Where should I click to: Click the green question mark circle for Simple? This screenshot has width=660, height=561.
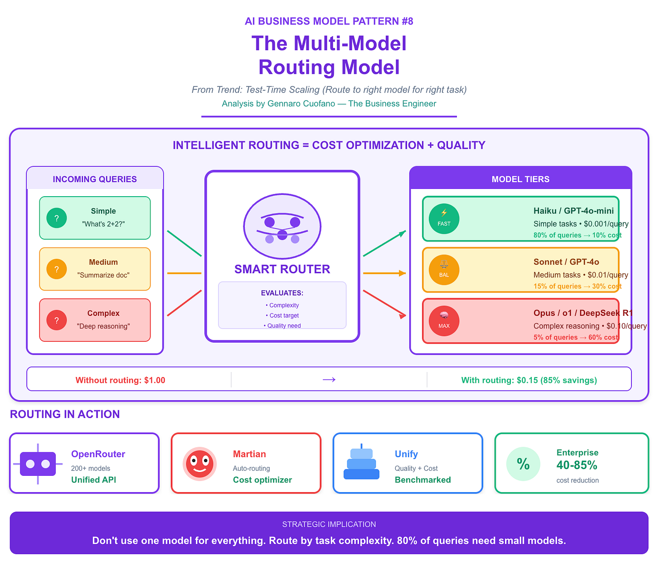(57, 218)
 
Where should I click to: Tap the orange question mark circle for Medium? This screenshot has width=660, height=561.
(57, 269)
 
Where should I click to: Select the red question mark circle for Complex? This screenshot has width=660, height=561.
(57, 320)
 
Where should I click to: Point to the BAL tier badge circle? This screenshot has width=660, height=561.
(444, 270)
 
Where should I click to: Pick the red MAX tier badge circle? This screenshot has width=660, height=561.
(444, 321)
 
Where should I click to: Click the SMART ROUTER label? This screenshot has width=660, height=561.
(282, 269)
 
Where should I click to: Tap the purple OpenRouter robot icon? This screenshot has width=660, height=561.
(38, 464)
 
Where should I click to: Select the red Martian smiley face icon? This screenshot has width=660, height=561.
(199, 464)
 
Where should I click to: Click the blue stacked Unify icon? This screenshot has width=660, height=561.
(361, 464)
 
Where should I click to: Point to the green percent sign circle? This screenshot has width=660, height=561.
(523, 464)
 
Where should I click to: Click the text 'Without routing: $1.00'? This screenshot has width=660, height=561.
(120, 380)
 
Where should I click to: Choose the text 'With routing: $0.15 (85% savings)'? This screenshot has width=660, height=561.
(529, 380)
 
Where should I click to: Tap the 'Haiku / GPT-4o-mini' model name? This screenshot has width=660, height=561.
(573, 211)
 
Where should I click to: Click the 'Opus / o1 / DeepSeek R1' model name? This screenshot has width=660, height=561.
(583, 313)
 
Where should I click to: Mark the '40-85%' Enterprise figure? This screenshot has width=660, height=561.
(577, 465)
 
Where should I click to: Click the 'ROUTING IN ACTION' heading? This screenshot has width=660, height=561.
(65, 414)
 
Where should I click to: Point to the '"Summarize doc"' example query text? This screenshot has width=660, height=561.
(103, 275)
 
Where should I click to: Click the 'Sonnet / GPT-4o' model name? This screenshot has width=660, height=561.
(566, 262)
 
